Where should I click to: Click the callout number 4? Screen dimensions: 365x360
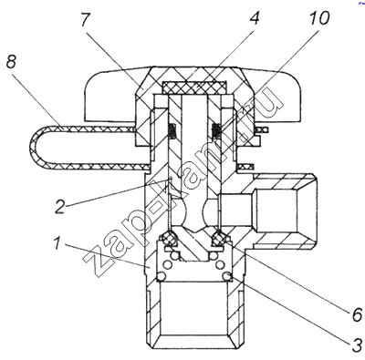pyautogui.click(x=254, y=18)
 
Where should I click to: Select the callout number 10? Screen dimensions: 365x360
pyautogui.click(x=318, y=18)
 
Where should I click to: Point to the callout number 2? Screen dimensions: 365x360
pyautogui.click(x=60, y=207)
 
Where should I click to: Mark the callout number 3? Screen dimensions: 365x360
pyautogui.click(x=357, y=345)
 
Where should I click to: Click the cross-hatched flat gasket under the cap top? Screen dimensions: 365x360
pyautogui.click(x=194, y=87)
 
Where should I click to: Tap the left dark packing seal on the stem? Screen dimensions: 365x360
pyautogui.click(x=172, y=130)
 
